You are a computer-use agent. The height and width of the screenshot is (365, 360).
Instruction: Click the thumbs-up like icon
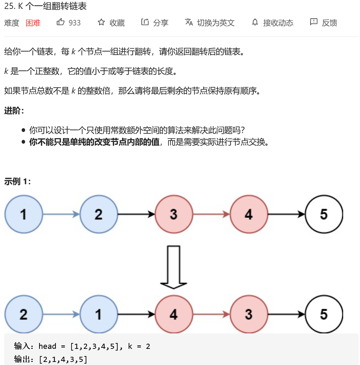pyautogui.click(x=61, y=23)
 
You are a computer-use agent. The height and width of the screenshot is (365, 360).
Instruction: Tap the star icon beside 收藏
pyautogui.click(x=101, y=23)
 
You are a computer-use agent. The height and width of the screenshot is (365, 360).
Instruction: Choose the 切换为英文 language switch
pyautogui.click(x=209, y=23)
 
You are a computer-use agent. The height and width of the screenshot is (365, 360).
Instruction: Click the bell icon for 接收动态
pyautogui.click(x=255, y=23)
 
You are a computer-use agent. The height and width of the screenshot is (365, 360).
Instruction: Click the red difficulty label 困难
pyautogui.click(x=33, y=23)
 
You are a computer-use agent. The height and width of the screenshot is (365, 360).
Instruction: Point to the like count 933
pyautogui.click(x=75, y=23)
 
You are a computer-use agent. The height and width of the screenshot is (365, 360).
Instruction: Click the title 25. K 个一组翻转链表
pyautogui.click(x=45, y=7)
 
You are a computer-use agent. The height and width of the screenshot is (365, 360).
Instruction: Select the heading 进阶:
pyautogui.click(x=14, y=111)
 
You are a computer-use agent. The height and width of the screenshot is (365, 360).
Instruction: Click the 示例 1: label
pyautogui.click(x=18, y=181)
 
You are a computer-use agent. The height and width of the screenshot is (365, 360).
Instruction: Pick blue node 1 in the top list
pyautogui.click(x=23, y=214)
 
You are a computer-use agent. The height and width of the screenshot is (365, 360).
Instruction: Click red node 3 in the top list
pyautogui.click(x=174, y=214)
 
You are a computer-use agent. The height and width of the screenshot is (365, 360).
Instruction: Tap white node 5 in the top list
pyautogui.click(x=324, y=214)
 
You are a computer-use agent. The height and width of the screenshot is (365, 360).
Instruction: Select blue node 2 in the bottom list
pyautogui.click(x=23, y=314)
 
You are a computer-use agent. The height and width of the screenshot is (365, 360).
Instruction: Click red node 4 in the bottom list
pyautogui.click(x=174, y=314)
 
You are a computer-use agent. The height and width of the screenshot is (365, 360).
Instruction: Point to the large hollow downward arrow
pyautogui.click(x=174, y=266)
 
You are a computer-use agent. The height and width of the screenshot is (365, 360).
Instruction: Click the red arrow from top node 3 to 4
pyautogui.click(x=211, y=214)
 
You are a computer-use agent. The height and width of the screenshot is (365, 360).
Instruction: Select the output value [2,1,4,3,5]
pyautogui.click(x=64, y=360)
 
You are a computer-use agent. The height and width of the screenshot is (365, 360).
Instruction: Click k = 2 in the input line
pyautogui.click(x=139, y=346)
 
